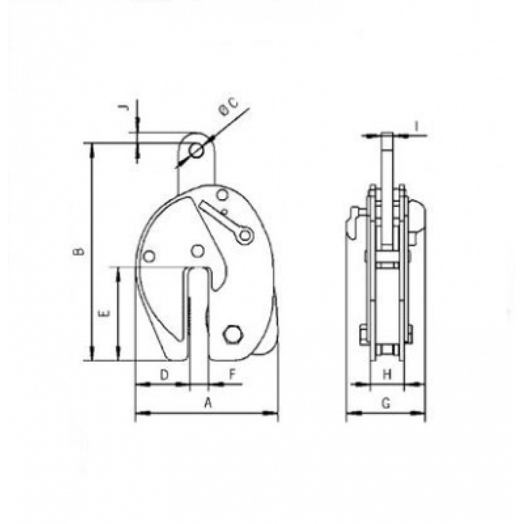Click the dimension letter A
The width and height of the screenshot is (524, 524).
click(208, 402)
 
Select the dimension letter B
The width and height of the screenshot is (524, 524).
click(78, 253)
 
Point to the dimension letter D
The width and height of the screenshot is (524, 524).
click(164, 375)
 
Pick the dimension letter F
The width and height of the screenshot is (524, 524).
click(233, 375)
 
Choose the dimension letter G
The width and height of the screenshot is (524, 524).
click(386, 403)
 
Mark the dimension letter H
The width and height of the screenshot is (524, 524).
click(387, 375)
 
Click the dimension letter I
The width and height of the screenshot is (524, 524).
click(417, 126)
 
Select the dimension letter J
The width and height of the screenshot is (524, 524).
click(124, 107)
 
